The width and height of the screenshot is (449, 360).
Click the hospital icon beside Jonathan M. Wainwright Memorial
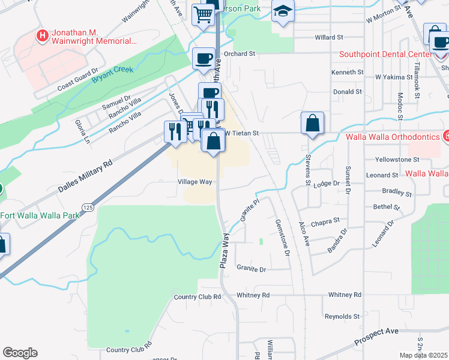[42, 36]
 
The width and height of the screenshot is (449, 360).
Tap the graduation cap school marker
[282, 11]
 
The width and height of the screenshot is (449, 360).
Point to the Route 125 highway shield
[89, 207]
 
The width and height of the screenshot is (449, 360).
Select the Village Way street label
[194, 181]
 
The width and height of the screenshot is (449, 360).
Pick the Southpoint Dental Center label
[385, 54]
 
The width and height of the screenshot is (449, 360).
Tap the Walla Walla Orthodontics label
[394, 137]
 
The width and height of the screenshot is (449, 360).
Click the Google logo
[20, 353]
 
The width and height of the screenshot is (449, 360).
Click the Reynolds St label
[342, 316]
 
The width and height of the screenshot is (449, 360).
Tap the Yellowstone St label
[397, 160]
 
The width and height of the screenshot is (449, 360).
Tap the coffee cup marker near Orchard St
[203, 58]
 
